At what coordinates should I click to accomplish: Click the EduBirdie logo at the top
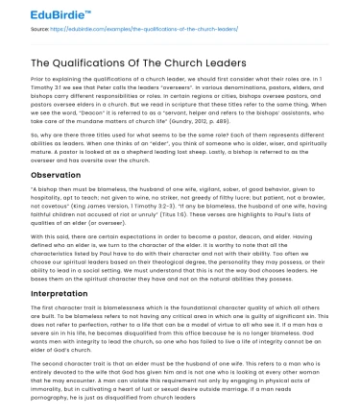(39, 16)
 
